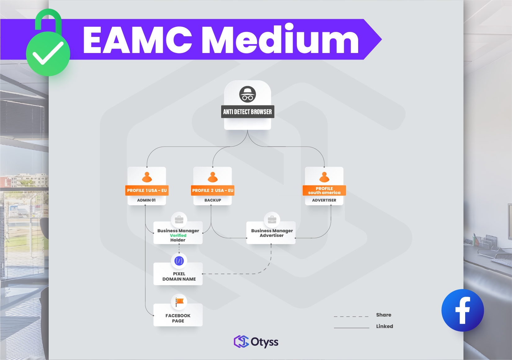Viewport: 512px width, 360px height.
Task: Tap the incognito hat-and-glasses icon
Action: tap(247, 94)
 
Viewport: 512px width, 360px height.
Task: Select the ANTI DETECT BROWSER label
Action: tap(247, 112)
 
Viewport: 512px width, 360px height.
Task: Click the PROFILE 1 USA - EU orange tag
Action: tap(147, 190)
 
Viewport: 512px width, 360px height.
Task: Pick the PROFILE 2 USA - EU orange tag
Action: tap(213, 190)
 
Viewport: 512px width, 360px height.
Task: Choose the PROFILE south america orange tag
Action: tap(324, 190)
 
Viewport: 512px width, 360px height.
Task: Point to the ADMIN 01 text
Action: tap(146, 200)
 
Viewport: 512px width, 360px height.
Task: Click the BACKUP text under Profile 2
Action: tap(213, 200)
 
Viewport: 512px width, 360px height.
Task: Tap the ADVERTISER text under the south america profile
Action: tap(324, 200)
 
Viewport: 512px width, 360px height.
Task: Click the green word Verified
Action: tap(178, 235)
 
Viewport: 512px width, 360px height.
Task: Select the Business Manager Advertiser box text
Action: tap(272, 233)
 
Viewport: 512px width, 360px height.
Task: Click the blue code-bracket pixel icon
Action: tap(179, 261)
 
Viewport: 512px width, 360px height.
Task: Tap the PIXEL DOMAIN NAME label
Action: tap(179, 276)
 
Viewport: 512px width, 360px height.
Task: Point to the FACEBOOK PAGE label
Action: tap(178, 318)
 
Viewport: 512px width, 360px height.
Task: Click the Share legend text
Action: tap(384, 315)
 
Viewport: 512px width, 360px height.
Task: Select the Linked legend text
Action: tap(385, 326)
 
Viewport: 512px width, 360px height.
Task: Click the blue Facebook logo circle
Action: tap(462, 310)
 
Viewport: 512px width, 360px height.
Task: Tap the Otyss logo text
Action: tap(264, 342)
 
